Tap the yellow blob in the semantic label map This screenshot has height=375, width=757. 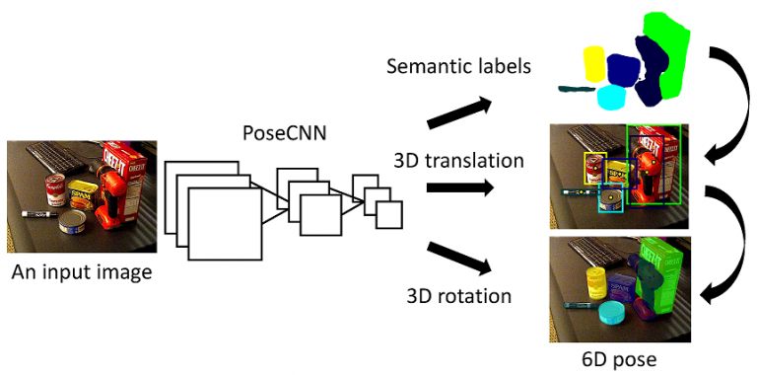pos(594,63)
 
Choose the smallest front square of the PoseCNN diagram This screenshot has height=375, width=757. pos(389,215)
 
